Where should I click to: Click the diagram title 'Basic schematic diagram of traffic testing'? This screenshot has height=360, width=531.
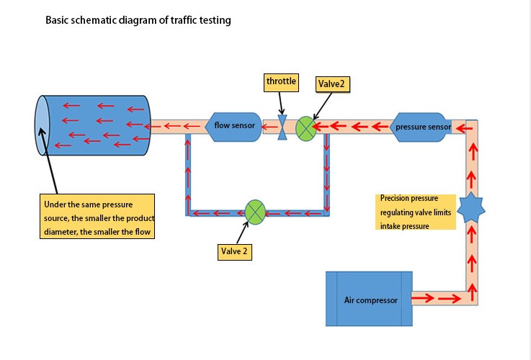pyautogui.click(x=138, y=20)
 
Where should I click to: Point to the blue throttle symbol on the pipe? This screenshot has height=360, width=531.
pyautogui.click(x=282, y=127)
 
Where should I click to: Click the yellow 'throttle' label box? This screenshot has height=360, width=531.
pyautogui.click(x=281, y=81)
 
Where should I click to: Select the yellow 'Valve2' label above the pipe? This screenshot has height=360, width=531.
pyautogui.click(x=331, y=84)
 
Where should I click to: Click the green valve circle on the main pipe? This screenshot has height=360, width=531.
pyautogui.click(x=306, y=128)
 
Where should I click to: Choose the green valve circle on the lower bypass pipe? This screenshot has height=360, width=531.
pyautogui.click(x=256, y=212)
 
